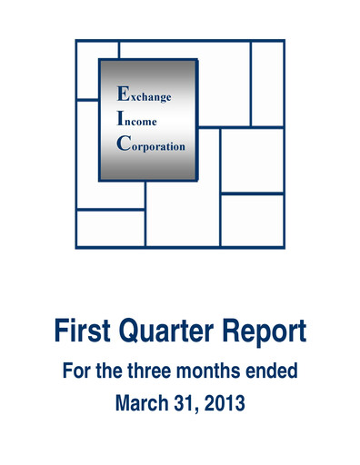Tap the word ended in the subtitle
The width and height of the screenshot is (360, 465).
[x=276, y=372]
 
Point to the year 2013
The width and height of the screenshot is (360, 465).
[x=225, y=402]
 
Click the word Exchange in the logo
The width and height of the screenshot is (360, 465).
[x=150, y=94]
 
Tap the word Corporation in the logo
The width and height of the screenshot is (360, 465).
[x=157, y=145]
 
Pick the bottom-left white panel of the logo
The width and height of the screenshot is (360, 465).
[x=110, y=228]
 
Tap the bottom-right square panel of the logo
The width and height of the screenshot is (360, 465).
[x=252, y=221]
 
